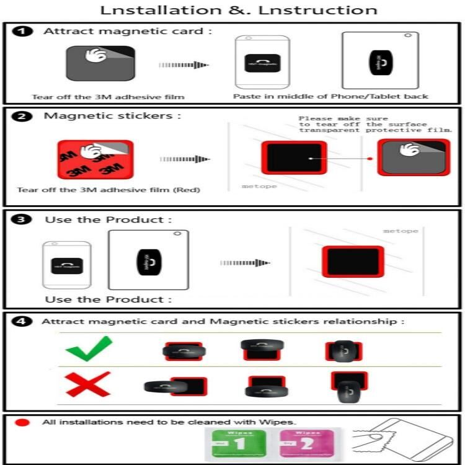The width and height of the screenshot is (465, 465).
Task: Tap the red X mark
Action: tap(88, 384)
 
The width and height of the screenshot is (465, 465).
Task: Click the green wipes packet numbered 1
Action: tap(230, 445)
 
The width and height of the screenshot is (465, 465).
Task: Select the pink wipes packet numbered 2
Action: tap(298, 445)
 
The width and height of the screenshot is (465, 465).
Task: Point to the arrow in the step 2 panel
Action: tap(185, 159)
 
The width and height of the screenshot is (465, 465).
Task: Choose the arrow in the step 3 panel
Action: tap(244, 263)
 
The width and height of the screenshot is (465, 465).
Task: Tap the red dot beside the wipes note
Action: tap(23, 422)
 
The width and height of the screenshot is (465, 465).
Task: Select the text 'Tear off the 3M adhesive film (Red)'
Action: tap(108, 190)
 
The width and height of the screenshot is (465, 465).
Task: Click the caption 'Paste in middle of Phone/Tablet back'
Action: tap(330, 96)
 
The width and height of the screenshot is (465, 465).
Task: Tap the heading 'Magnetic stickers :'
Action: tap(112, 116)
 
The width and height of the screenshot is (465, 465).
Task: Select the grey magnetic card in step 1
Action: tap(99, 64)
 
